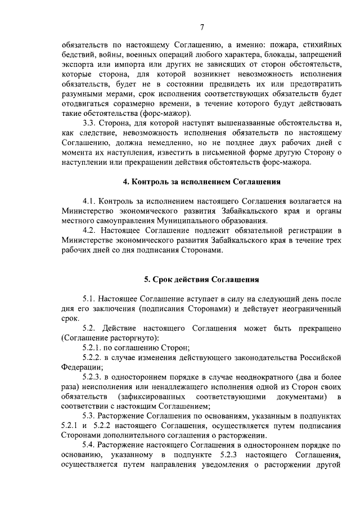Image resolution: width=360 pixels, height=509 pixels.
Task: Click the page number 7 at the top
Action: pos(202,28)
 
